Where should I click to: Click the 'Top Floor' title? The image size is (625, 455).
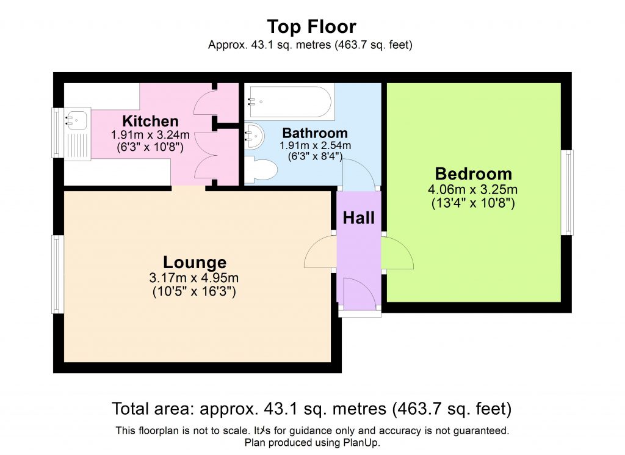311,27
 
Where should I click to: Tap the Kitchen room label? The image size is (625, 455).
150,121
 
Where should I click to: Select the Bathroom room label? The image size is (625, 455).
315,133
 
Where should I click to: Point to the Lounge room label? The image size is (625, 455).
195,263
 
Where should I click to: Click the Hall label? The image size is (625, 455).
358,217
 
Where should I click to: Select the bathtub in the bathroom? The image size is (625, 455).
291,102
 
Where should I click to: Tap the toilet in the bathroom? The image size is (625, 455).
260,167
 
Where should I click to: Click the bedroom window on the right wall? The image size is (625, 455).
568,192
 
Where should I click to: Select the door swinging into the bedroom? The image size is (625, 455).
397,252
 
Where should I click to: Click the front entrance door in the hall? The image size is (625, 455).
358,293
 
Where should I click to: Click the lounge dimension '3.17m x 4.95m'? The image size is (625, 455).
194,278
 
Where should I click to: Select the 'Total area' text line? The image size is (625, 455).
311,408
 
